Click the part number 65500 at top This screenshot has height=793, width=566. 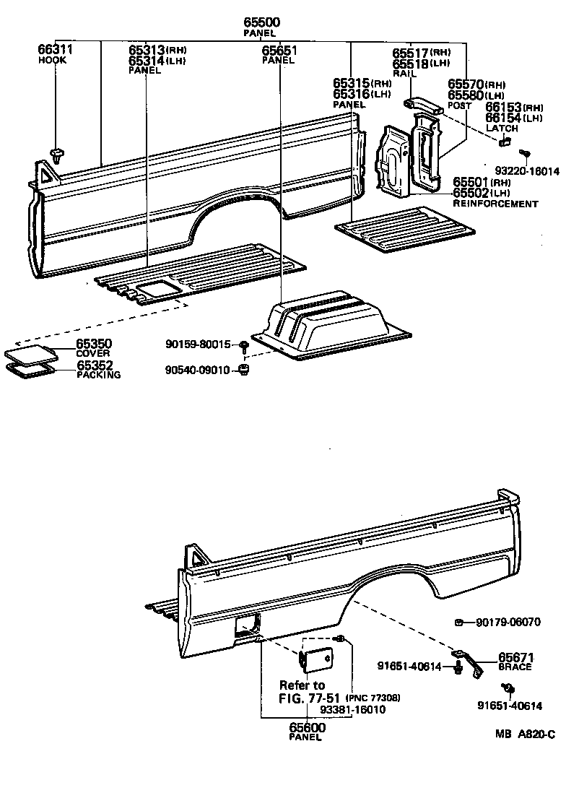[262, 23]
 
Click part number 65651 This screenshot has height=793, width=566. [279, 51]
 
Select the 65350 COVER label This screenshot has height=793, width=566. [94, 347]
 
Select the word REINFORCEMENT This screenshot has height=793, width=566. [495, 204]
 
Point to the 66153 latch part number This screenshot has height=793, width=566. [504, 107]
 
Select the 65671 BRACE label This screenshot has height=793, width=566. [515, 662]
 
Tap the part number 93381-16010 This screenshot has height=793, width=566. [353, 709]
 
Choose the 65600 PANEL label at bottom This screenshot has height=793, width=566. [306, 731]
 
